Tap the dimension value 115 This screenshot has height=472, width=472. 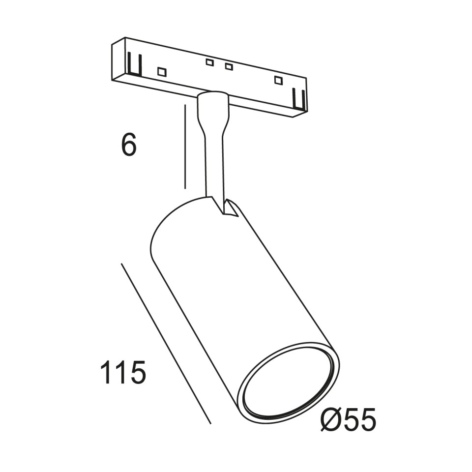123,372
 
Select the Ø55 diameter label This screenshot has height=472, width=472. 348,420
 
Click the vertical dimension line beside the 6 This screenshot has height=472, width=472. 185,147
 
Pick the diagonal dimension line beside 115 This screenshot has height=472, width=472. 166,343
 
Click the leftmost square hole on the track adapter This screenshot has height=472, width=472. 162,72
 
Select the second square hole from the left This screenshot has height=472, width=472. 209,62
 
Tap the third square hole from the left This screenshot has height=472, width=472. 229,66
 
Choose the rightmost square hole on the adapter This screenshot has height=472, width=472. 278,80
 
